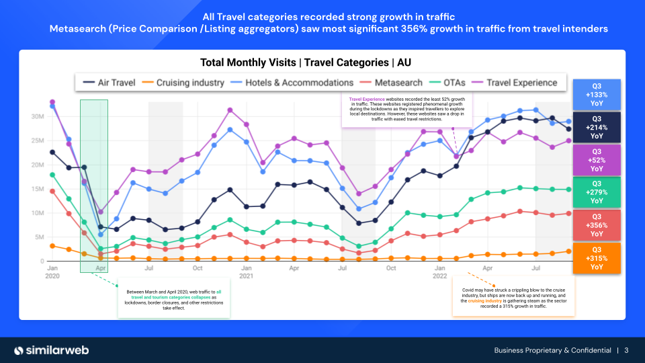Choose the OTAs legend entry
(x=449, y=83)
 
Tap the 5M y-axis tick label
(x=38, y=237)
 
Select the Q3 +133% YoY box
(x=597, y=95)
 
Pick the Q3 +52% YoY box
(x=597, y=160)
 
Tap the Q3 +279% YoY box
(x=597, y=192)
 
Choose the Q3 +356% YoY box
(x=597, y=225)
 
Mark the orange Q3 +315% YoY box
(x=597, y=257)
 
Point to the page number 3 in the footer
(x=626, y=350)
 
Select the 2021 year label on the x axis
(x=247, y=276)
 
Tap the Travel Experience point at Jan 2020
(x=52, y=102)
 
